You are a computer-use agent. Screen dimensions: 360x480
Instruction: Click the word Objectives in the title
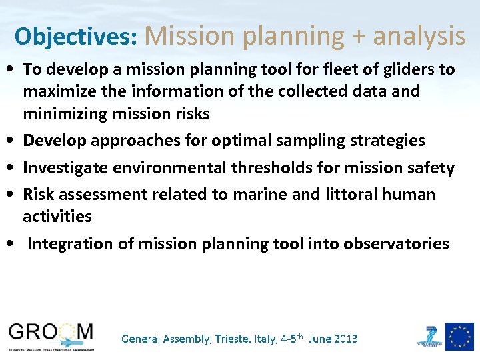[75, 36]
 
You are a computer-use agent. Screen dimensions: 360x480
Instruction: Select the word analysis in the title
[419, 36]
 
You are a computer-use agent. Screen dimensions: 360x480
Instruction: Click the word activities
[57, 217]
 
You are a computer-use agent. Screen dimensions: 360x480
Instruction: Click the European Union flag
[459, 336]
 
